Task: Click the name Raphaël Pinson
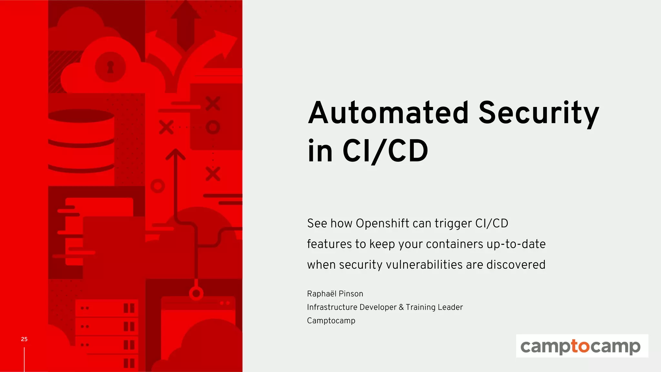click(x=335, y=294)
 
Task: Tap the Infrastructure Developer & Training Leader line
click(x=385, y=307)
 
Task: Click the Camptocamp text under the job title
click(x=331, y=321)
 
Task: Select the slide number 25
click(x=24, y=339)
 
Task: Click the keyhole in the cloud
click(x=110, y=67)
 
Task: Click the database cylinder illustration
click(x=81, y=141)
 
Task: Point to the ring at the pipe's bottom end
click(x=196, y=294)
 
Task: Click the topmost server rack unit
click(x=107, y=308)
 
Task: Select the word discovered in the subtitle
click(x=515, y=265)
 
